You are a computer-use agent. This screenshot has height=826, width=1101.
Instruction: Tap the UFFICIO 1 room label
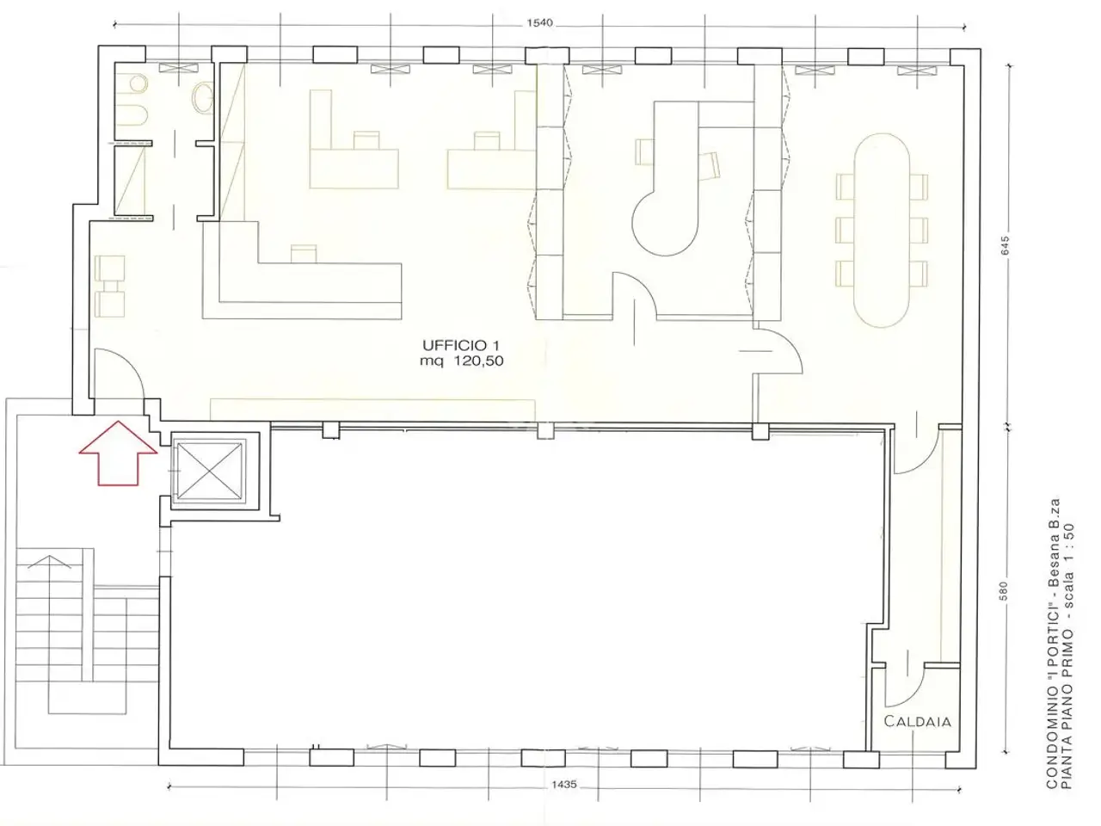click(461, 345)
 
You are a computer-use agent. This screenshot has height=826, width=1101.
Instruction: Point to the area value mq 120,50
click(461, 361)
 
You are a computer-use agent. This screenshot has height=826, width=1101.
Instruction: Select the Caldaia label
click(917, 721)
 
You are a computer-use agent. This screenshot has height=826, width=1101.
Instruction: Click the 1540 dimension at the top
click(539, 23)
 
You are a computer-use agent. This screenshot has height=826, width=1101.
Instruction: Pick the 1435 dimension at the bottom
click(564, 785)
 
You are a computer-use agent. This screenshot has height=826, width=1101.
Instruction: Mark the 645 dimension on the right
click(1005, 246)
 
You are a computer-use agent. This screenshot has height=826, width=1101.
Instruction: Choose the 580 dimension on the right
click(1003, 592)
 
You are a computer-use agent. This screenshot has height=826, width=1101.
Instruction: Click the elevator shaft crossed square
click(210, 472)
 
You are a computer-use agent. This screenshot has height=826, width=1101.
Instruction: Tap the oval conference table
click(882, 231)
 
